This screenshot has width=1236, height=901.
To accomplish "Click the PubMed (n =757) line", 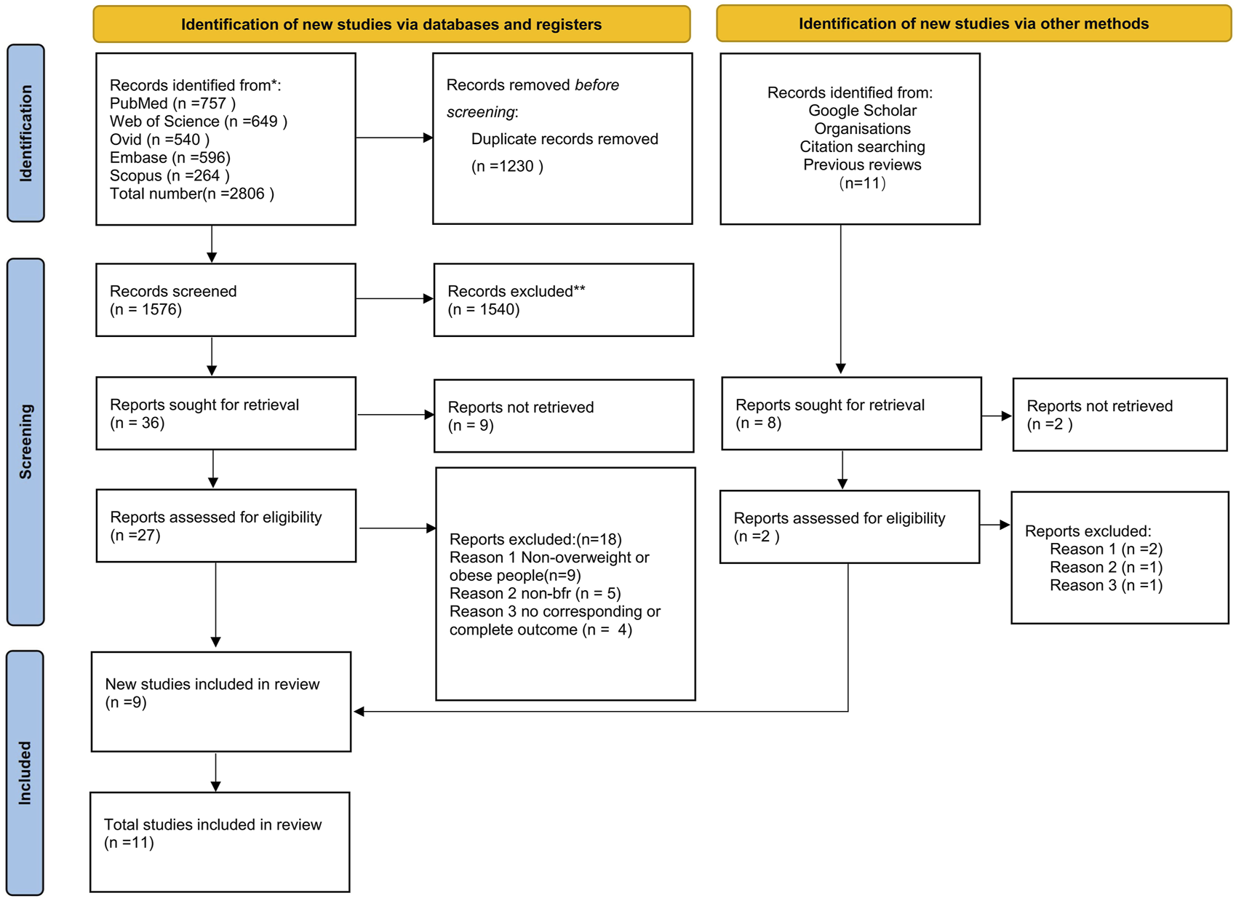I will pyautogui.click(x=172, y=103).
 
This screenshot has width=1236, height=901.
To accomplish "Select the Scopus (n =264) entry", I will pyautogui.click(x=170, y=175).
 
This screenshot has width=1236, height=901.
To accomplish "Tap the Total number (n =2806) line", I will pyautogui.click(x=191, y=194).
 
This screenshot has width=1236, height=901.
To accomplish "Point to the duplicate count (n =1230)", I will pyautogui.click(x=507, y=166).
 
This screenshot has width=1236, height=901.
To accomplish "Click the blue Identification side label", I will pyautogui.click(x=25, y=132).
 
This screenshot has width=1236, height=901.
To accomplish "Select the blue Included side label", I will pyautogui.click(x=25, y=772).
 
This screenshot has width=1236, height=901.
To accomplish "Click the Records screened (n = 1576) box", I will pyautogui.click(x=226, y=300).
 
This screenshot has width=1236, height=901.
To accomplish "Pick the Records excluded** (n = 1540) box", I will pyautogui.click(x=563, y=300).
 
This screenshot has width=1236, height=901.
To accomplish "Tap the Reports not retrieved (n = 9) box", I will pyautogui.click(x=563, y=416).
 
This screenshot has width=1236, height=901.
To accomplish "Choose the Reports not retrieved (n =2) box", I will pyautogui.click(x=1119, y=415).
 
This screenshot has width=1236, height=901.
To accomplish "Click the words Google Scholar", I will pyautogui.click(x=862, y=111).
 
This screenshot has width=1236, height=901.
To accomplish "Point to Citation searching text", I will pyautogui.click(x=862, y=147).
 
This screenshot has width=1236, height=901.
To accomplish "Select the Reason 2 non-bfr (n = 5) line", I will pyautogui.click(x=535, y=593).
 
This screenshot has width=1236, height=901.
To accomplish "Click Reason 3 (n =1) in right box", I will pyautogui.click(x=1106, y=585).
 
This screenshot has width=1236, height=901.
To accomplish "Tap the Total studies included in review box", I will pyautogui.click(x=220, y=841).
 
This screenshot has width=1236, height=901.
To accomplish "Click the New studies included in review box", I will pyautogui.click(x=221, y=701).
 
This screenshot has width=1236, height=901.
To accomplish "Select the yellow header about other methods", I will pyautogui.click(x=973, y=24).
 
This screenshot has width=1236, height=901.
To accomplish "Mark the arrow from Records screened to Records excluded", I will pyautogui.click(x=394, y=298).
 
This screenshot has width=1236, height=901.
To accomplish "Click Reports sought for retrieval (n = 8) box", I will pyautogui.click(x=850, y=413).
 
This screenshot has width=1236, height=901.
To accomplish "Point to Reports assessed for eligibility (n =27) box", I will pyautogui.click(x=226, y=525).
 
